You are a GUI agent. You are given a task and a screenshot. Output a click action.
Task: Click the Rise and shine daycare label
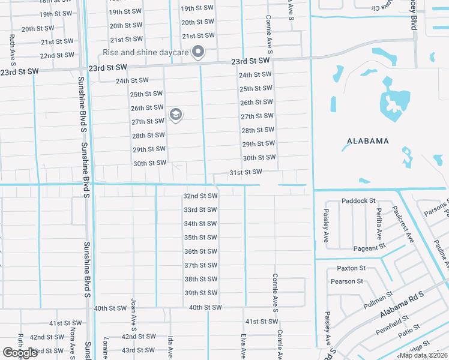(146, 52)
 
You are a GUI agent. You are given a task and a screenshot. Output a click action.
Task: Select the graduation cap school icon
(176, 115)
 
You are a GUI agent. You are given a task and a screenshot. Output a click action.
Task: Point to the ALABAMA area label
(368, 141)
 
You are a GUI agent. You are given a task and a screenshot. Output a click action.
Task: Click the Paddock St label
(358, 200)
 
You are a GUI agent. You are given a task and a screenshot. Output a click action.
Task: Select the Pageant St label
(369, 248)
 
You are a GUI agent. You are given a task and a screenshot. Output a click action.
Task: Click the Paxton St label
(351, 268)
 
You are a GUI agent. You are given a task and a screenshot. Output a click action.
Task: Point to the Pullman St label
(378, 300)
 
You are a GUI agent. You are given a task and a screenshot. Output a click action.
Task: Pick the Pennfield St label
(393, 324)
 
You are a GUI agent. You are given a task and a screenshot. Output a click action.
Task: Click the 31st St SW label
(246, 172)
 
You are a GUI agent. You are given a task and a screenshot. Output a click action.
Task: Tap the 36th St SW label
(200, 251)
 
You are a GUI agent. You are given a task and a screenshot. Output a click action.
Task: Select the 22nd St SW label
(56, 56)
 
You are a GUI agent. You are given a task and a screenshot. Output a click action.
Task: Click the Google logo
(20, 352)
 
